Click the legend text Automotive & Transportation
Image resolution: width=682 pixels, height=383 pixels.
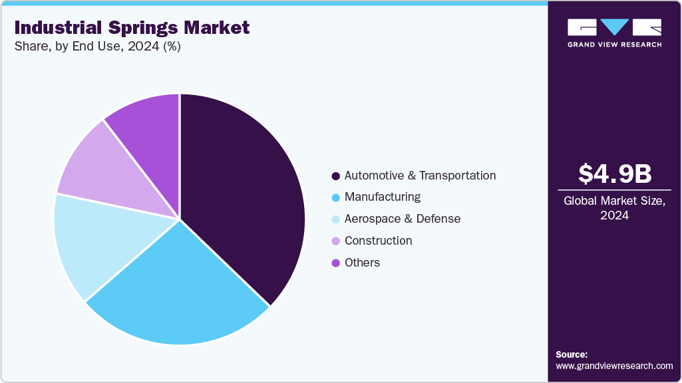click(x=420, y=176)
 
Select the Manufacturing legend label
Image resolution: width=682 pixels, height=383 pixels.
click(x=382, y=197)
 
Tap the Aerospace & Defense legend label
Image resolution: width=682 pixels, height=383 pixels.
click(x=402, y=219)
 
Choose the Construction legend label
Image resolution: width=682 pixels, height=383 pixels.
click(x=378, y=241)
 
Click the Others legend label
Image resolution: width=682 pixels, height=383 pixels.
click(x=362, y=263)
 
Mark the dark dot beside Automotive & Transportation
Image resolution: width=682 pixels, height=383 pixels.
click(x=336, y=176)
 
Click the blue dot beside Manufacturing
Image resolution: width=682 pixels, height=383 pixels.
click(x=336, y=197)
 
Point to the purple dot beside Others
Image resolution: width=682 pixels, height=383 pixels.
click(x=336, y=263)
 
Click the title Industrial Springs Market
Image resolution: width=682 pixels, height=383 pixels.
click(x=132, y=28)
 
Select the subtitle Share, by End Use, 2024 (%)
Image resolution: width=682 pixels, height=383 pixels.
click(x=97, y=47)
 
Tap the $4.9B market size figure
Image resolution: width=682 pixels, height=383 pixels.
click(x=614, y=174)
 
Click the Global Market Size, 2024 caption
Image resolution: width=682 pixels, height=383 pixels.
click(x=614, y=208)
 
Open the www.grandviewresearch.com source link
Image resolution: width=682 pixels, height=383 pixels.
click(x=614, y=366)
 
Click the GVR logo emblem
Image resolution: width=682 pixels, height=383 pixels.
click(x=614, y=27)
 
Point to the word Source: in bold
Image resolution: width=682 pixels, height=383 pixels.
click(x=572, y=354)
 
